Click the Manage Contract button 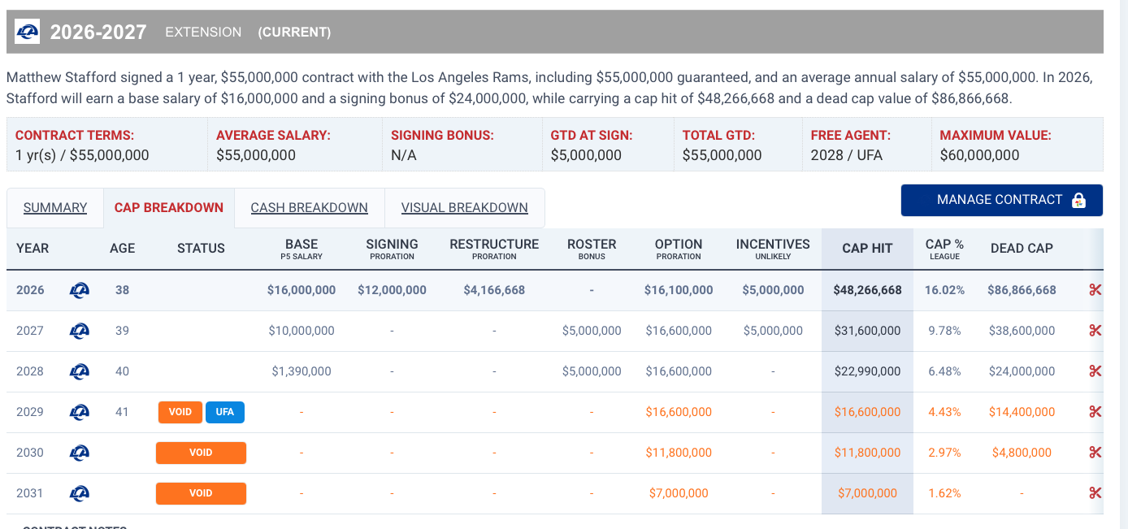[x=1001, y=201]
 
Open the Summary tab [x=55, y=207]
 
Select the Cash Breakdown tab [x=309, y=207]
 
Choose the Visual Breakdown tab [x=464, y=207]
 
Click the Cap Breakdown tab [x=169, y=207]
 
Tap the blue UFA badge [x=224, y=412]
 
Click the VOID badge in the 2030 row [x=201, y=453]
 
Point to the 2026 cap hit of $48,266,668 [x=867, y=290]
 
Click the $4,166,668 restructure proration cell [x=494, y=290]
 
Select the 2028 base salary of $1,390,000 [x=302, y=371]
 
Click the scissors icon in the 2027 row [x=1095, y=331]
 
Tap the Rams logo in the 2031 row [x=79, y=493]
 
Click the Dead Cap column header [x=1022, y=248]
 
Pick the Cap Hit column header [x=867, y=248]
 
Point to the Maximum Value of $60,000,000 [x=979, y=155]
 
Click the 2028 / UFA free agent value [x=847, y=155]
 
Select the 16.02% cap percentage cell [x=944, y=290]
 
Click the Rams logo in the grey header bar [x=27, y=32]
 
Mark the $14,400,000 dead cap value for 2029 [x=1022, y=412]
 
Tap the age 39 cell [x=122, y=331]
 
